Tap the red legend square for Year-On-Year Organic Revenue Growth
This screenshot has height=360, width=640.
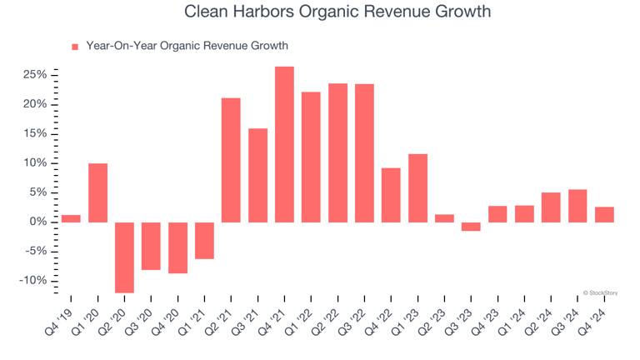click(x=75, y=47)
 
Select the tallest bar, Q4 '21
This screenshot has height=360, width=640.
click(x=284, y=144)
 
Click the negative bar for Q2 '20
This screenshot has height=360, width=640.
click(x=124, y=257)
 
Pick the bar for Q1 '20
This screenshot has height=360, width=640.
click(x=97, y=192)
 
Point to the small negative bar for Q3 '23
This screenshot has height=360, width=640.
click(x=471, y=227)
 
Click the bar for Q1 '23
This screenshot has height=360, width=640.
click(x=417, y=187)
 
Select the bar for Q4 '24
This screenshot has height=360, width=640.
click(x=604, y=214)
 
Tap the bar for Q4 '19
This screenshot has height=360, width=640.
click(x=71, y=218)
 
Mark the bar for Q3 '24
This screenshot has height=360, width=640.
click(x=577, y=206)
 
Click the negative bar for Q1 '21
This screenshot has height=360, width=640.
click(x=204, y=240)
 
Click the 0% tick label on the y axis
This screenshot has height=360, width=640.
click(x=37, y=222)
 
